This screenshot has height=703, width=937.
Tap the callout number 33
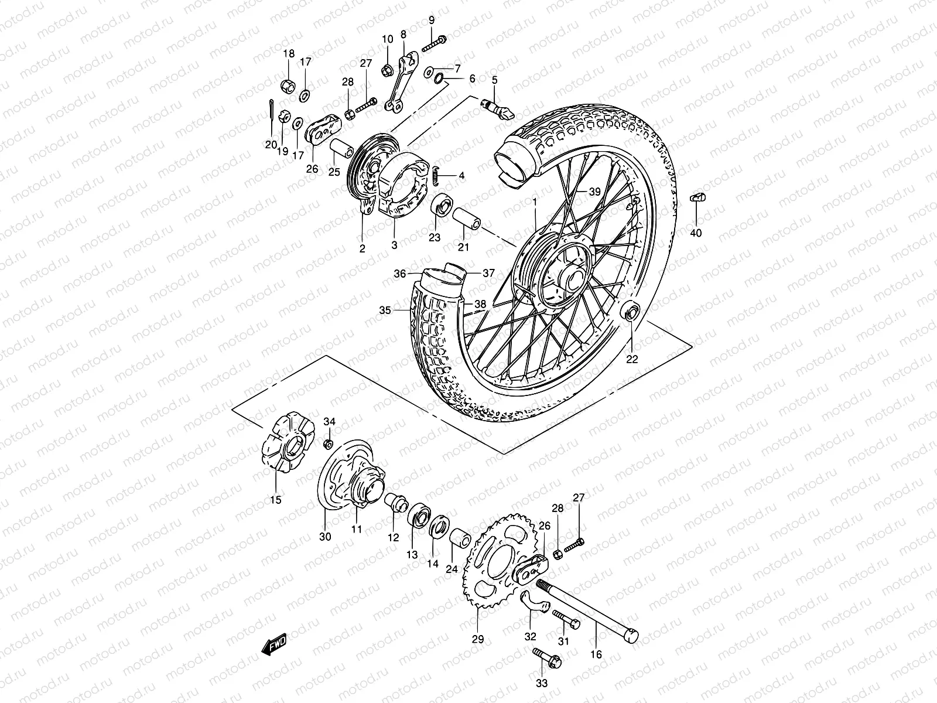[x=542, y=683]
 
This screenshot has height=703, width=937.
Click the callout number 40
[x=696, y=233]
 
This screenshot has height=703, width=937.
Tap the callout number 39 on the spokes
[x=595, y=192]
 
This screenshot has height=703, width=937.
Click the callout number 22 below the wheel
[x=632, y=359]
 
